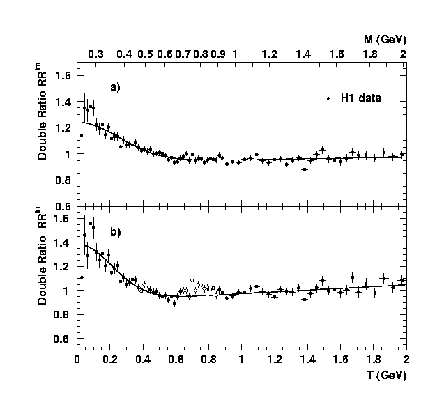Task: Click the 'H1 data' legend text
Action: pos(360,99)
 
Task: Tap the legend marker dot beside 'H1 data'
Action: pos(328,99)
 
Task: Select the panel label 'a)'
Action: pos(115,87)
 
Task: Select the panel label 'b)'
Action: pos(115,232)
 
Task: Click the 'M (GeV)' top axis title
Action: pos(385,39)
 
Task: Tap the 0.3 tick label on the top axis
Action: pos(95,54)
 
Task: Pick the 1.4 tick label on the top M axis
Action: pos(303,54)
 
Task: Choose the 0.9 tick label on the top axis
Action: pos(217,54)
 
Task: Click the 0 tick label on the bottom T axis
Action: pos(77,360)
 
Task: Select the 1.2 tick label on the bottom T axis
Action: pos(274,360)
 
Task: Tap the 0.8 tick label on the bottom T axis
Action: pos(208,360)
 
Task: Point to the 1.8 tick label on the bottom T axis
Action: pos(372,360)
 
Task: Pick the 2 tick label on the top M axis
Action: pos(403,54)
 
